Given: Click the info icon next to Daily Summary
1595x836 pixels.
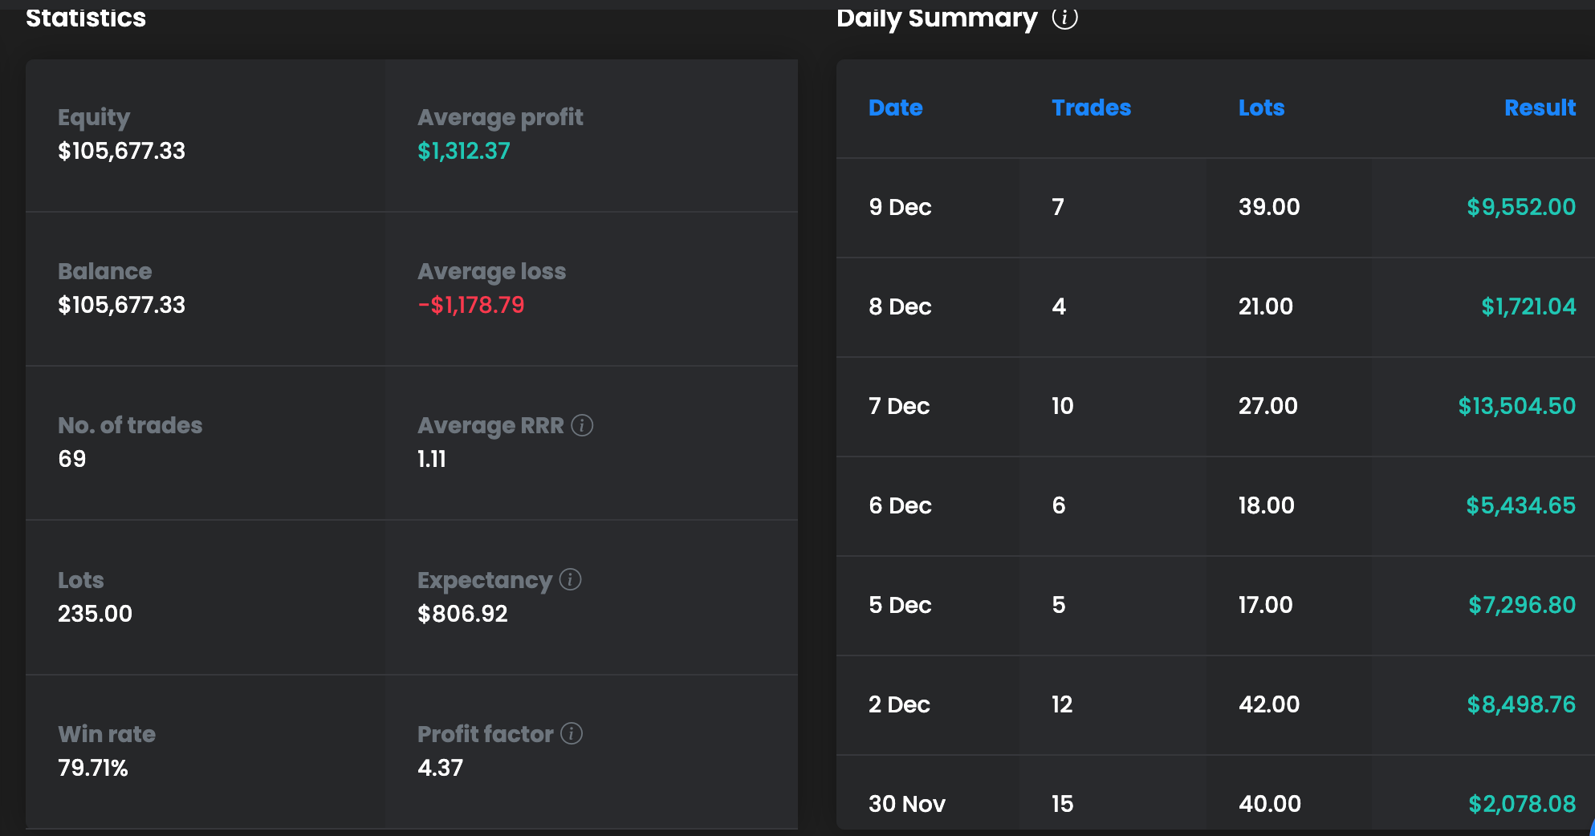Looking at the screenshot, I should point(1064,18).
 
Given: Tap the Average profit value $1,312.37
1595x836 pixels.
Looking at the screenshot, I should point(464,151).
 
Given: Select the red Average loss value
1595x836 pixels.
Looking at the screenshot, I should point(471,305).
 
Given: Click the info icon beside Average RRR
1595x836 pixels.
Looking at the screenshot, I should point(582,425).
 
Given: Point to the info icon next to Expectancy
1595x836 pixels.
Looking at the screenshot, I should point(570,579).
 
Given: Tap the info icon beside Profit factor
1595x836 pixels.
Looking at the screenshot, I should point(572,733).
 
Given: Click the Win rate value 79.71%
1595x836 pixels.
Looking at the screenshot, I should point(93,768).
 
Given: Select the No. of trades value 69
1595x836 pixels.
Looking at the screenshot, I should point(72,459).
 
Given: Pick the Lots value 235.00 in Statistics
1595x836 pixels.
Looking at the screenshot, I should point(95,614).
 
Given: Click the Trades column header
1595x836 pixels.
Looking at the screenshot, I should point(1091,108).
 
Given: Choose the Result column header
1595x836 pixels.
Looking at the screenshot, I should point(1540,108).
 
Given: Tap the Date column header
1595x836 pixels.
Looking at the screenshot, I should point(895,108).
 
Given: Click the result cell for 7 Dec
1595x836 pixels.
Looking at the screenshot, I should point(1516,406).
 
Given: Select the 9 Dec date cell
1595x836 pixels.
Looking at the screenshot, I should point(900,207).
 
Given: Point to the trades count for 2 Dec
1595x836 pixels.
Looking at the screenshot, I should point(1062,704).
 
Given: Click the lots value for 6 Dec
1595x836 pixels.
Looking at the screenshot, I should point(1266,505).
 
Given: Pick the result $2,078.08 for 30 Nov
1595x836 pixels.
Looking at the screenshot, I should point(1522,804).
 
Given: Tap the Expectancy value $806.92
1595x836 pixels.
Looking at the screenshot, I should point(462,614).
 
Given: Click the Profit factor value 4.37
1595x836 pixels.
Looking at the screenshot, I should point(440,768).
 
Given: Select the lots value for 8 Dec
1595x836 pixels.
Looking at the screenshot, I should point(1265,306).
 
